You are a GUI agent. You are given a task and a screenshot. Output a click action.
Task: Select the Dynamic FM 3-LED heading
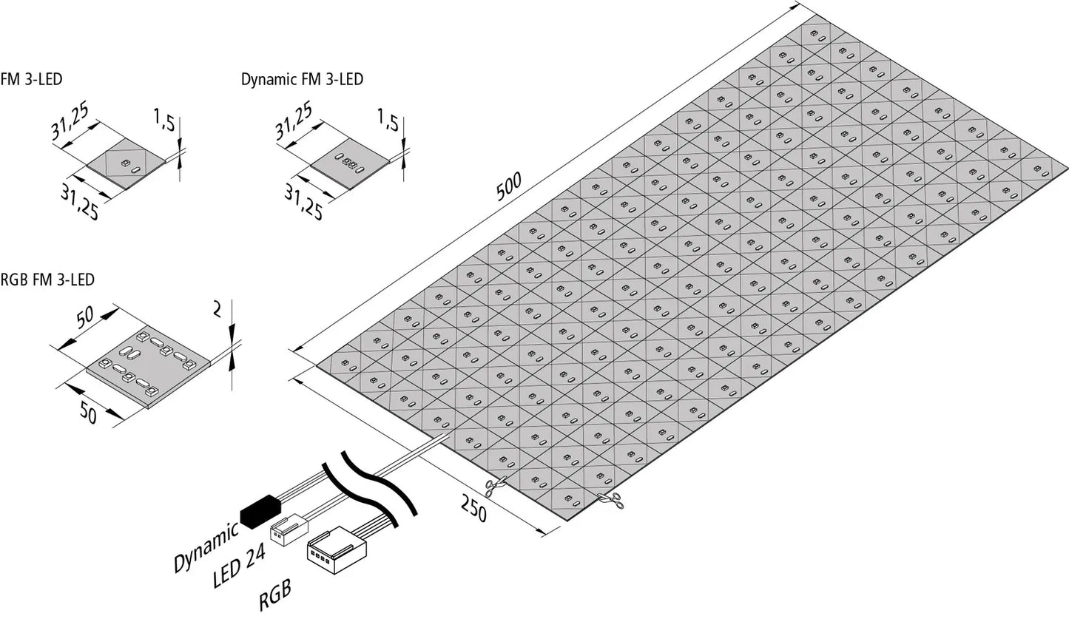click(x=302, y=79)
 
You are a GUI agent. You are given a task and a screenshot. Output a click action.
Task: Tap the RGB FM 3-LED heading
click(x=47, y=280)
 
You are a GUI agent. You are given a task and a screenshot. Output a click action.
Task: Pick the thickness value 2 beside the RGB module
click(x=217, y=311)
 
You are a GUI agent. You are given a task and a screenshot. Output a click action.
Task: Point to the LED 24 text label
click(x=239, y=568)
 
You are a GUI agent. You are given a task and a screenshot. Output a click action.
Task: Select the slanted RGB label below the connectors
click(x=275, y=595)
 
